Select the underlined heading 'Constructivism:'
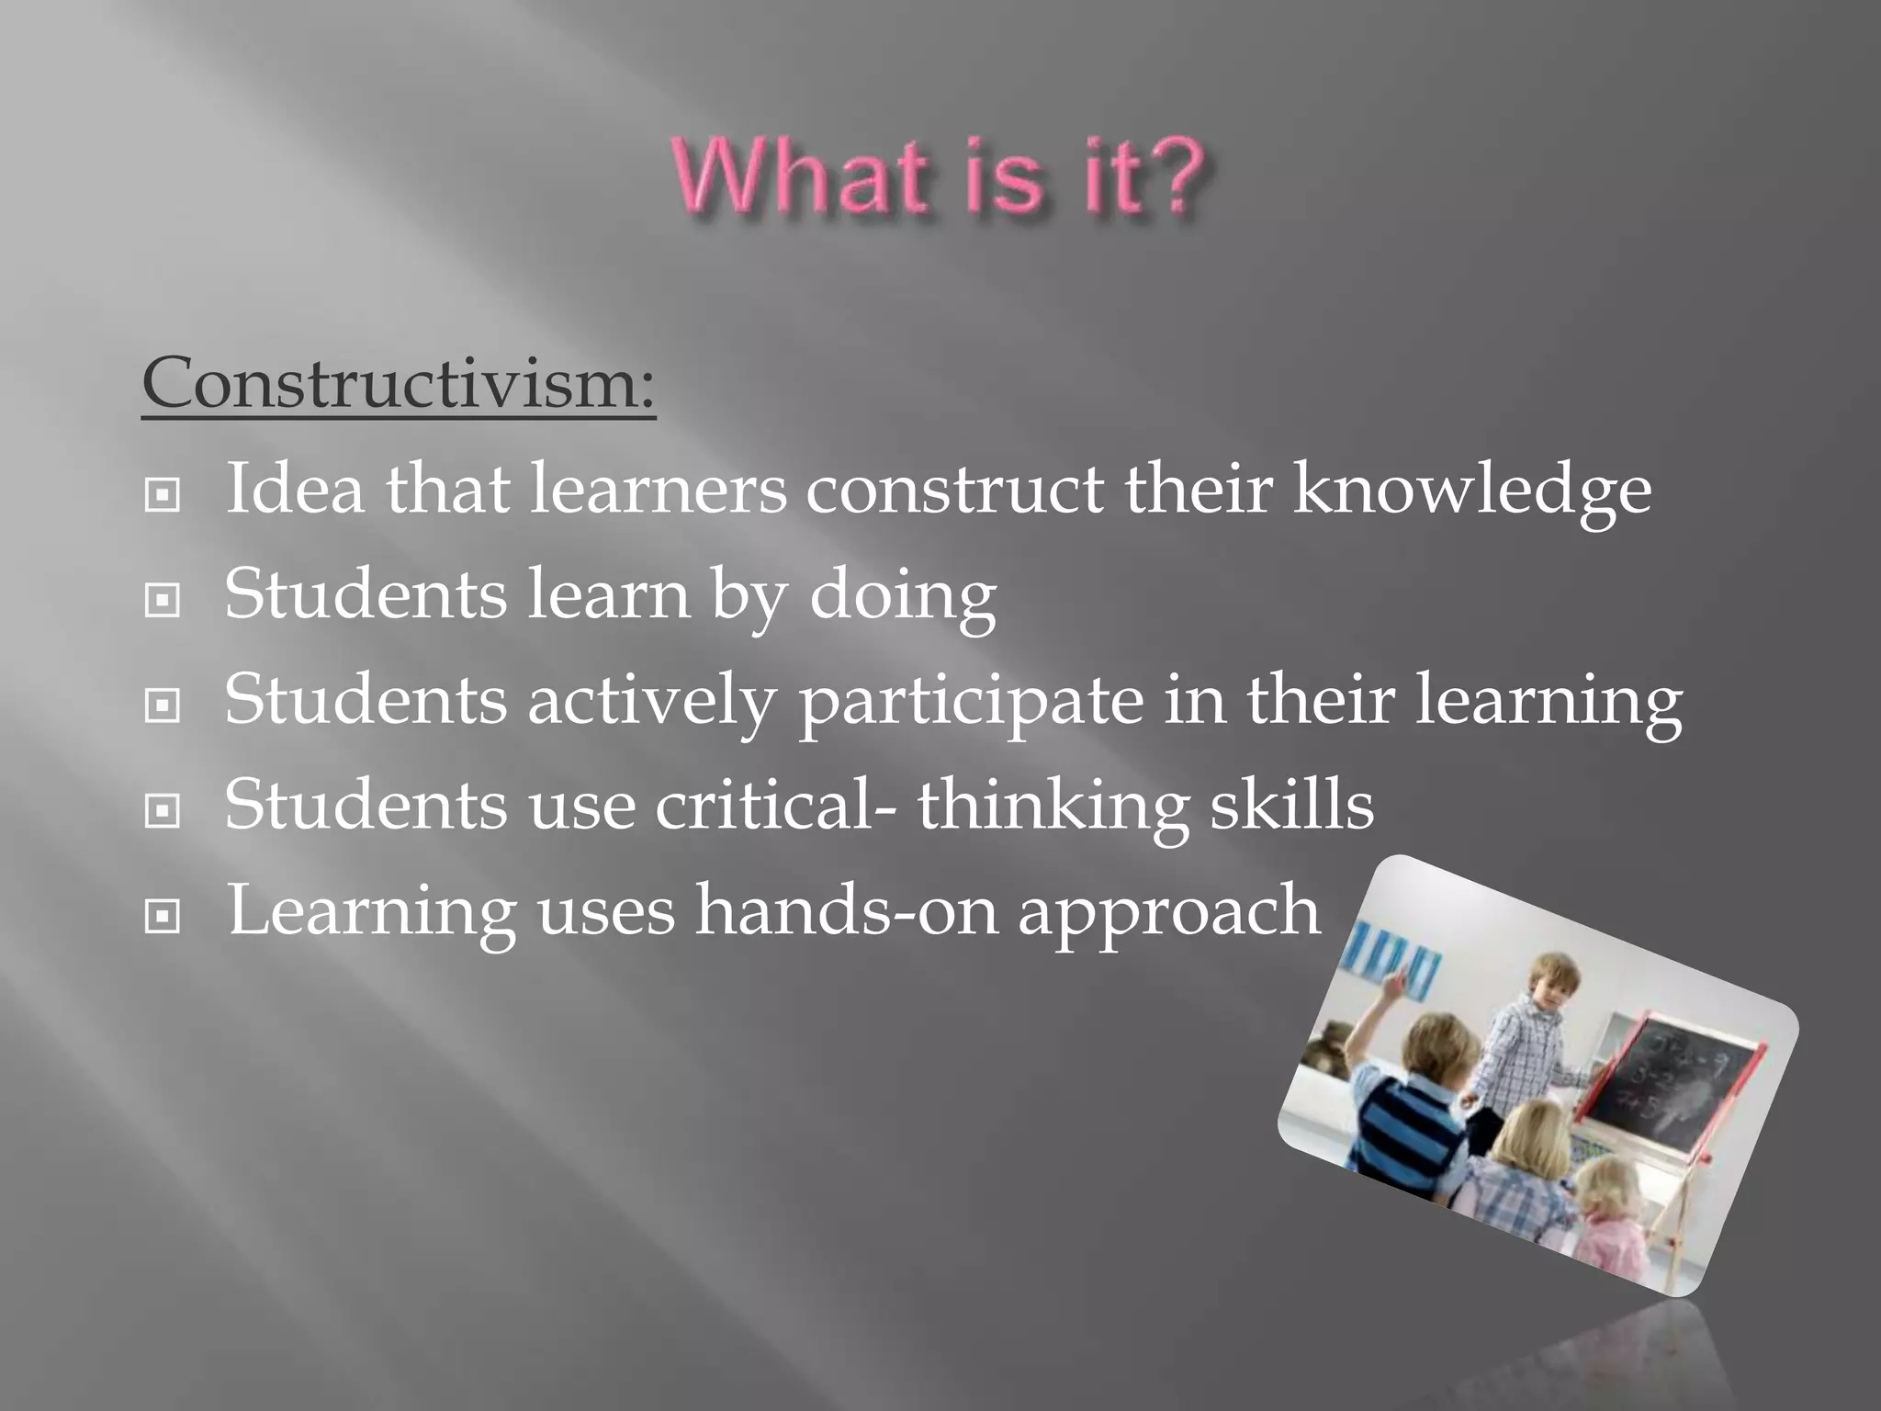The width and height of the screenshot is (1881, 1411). click(399, 382)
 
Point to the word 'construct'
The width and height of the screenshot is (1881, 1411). click(954, 489)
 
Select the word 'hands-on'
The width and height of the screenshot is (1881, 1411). click(845, 910)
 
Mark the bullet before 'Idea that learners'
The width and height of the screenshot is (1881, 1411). click(163, 496)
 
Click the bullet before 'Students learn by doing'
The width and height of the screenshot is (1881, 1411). click(163, 601)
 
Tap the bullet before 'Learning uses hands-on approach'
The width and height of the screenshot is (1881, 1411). click(163, 916)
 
